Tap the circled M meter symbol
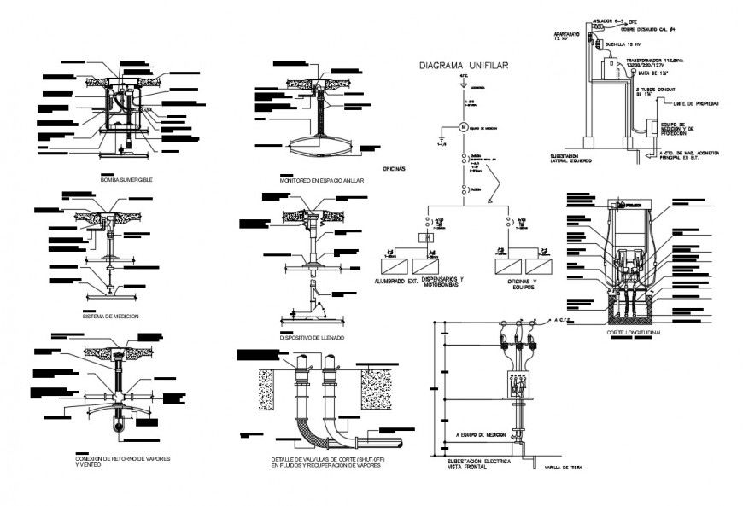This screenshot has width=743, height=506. (x=464, y=127)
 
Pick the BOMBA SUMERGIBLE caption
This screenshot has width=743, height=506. (x=126, y=181)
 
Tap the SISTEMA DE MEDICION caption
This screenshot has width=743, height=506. (x=111, y=316)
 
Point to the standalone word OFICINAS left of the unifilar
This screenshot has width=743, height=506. (x=394, y=169)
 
